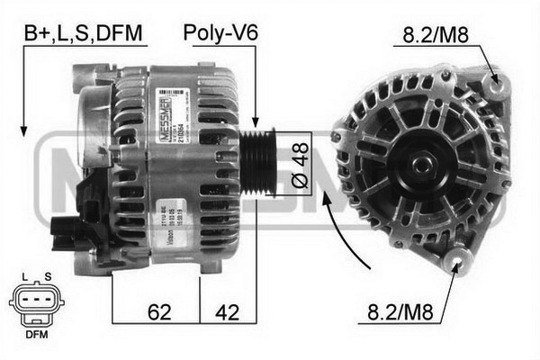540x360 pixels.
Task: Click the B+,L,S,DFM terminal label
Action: tap(84, 34)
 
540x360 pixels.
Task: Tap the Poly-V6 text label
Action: tap(220, 34)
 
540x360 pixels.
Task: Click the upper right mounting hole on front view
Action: tap(493, 85)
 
